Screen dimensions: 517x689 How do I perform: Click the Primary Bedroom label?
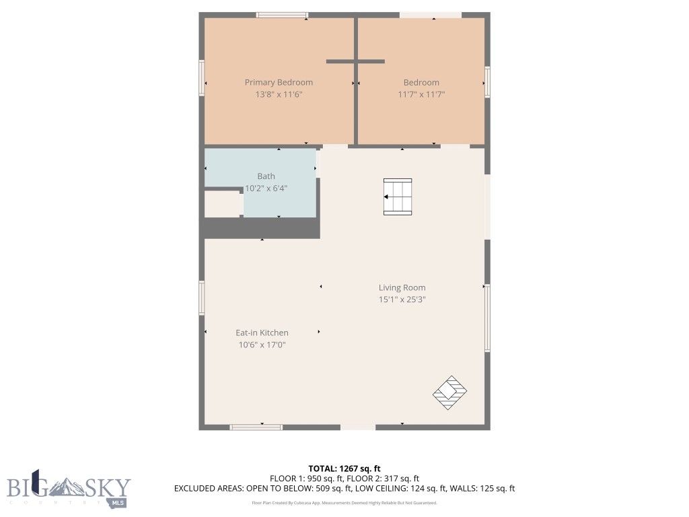click(x=279, y=82)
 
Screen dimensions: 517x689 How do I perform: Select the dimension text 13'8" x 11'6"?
click(x=279, y=95)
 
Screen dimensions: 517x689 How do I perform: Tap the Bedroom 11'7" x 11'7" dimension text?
click(x=421, y=95)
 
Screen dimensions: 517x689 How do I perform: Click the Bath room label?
click(x=266, y=176)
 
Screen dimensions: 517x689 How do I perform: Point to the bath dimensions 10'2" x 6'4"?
click(x=266, y=188)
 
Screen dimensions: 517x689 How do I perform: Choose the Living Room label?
click(x=402, y=287)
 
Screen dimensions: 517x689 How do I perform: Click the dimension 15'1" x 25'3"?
click(x=402, y=300)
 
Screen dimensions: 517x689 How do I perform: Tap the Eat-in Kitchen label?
click(x=262, y=333)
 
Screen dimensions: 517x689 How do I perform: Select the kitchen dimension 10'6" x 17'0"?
click(x=262, y=345)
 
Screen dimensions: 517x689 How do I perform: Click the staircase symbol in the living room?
click(x=397, y=197)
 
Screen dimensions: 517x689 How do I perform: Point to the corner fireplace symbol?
click(x=449, y=392)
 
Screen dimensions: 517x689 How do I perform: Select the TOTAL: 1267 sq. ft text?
click(x=344, y=468)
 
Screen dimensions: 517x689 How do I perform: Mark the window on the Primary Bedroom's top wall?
click(x=282, y=15)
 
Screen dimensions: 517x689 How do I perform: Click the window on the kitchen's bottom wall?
click(x=256, y=427)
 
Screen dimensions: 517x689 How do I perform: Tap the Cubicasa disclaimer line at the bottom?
click(x=344, y=503)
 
